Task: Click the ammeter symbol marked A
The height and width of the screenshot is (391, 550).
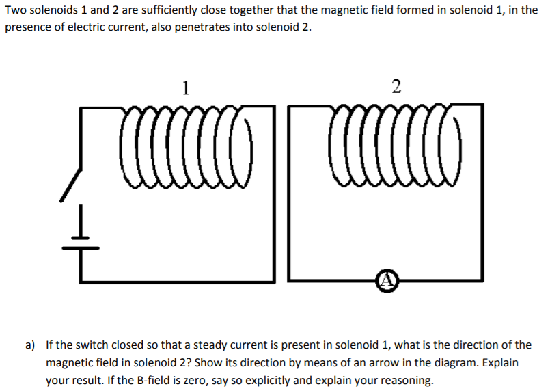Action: [387, 279]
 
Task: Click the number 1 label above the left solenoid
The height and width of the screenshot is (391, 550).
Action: [185, 87]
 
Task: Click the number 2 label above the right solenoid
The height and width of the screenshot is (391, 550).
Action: [397, 87]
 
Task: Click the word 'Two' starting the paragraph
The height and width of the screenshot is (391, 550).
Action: [14, 11]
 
